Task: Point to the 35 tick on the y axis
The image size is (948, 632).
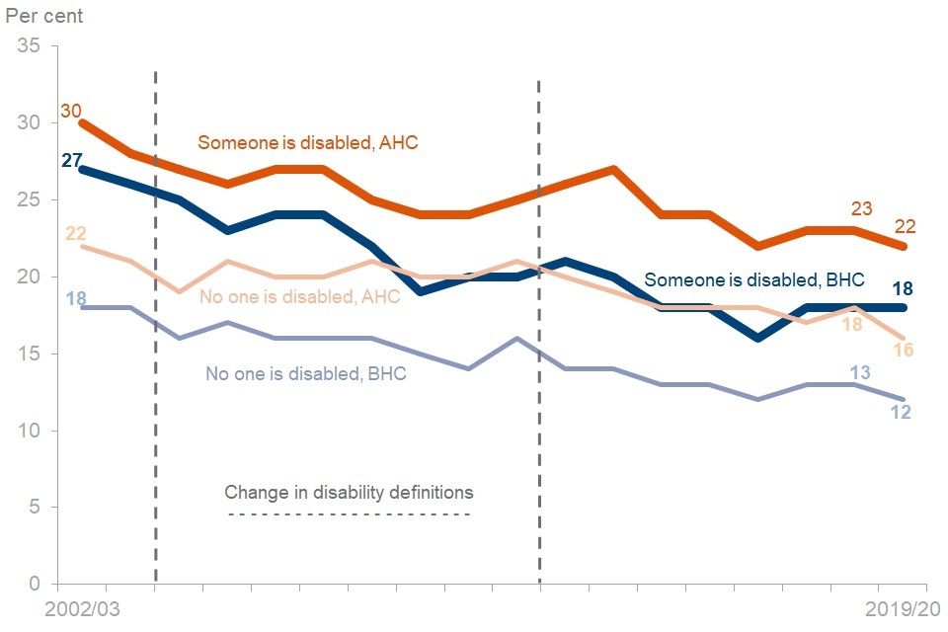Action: pos(28,46)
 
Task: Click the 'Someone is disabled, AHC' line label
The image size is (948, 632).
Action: pos(308,142)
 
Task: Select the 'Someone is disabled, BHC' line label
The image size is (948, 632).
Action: pos(754,279)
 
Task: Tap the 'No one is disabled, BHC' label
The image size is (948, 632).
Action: pos(306,373)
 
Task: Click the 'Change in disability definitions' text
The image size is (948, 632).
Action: pos(349,492)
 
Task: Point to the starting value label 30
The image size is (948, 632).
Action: pos(71,111)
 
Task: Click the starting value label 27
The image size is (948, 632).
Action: pos(71,160)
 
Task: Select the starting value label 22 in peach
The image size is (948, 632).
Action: pos(75,234)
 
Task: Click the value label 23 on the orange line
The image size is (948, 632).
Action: pos(862,208)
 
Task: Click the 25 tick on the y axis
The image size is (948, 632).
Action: pos(28,200)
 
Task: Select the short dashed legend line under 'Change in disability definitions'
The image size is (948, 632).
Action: pos(349,514)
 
